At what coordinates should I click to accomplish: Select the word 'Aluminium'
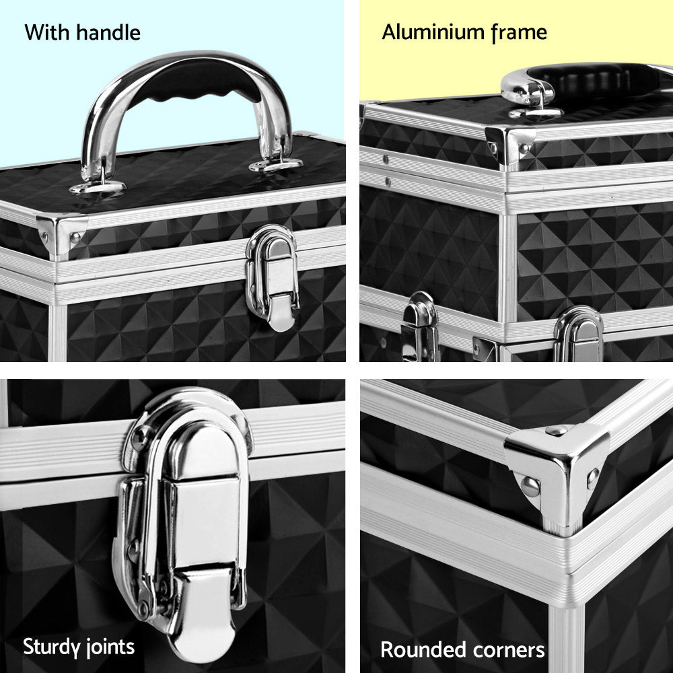(434, 32)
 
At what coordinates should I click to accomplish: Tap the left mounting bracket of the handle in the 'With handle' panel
(97, 184)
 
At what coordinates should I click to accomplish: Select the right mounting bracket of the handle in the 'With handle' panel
(276, 164)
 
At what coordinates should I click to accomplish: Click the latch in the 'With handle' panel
(273, 276)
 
